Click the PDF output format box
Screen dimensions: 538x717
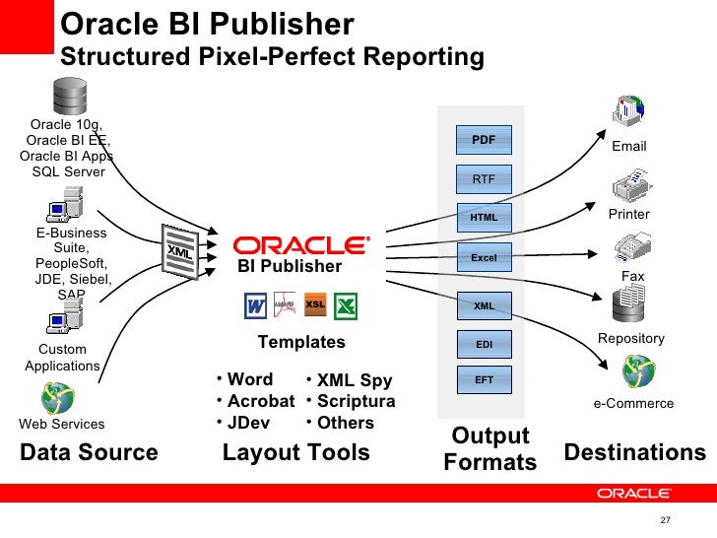[484, 140]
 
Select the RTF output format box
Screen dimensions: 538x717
[484, 179]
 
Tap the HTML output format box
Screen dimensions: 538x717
[484, 218]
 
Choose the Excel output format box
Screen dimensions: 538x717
[484, 258]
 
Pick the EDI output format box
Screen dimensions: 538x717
[484, 345]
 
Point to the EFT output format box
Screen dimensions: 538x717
[484, 379]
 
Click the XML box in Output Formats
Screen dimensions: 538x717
[484, 306]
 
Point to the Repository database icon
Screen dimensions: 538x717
[629, 308]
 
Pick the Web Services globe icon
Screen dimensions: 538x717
[55, 397]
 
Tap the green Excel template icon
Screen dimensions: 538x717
[345, 305]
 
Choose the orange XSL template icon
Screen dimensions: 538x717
[315, 304]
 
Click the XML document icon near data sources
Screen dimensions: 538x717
[178, 252]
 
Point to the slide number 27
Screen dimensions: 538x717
[665, 520]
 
